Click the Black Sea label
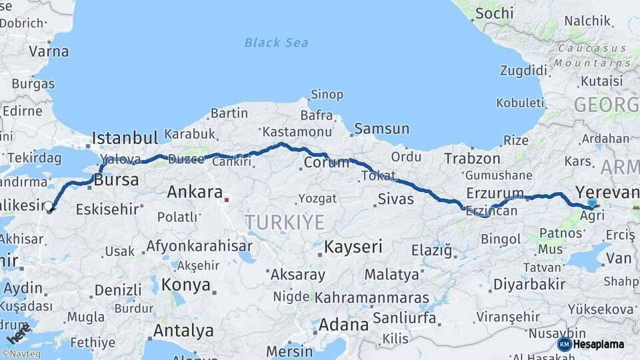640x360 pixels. (276, 43)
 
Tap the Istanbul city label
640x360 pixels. (125, 138)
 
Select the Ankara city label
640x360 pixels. (194, 193)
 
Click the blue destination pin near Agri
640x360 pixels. (592, 203)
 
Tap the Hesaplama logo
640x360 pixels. (591, 344)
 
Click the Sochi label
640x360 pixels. (495, 13)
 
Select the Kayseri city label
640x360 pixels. (353, 247)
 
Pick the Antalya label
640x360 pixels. (183, 331)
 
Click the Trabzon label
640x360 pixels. (472, 158)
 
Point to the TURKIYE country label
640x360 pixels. (285, 222)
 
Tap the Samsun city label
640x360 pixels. (382, 128)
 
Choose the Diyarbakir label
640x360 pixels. (529, 285)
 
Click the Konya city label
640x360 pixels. (186, 285)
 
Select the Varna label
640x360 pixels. (49, 51)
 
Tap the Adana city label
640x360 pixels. (343, 325)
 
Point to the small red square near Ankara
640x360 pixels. (227, 198)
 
